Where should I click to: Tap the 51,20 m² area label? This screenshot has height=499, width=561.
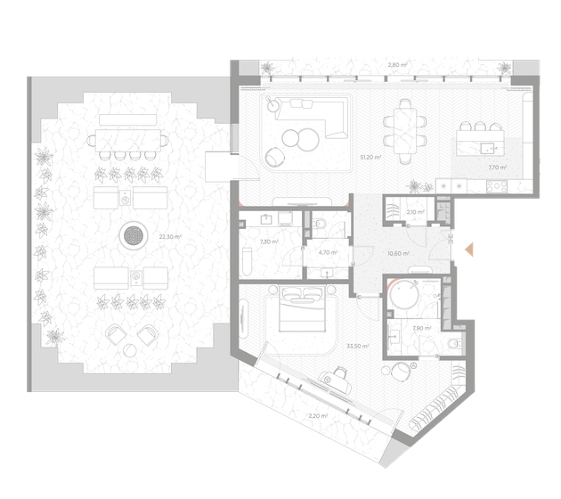370,157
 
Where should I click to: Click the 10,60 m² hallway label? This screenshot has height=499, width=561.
399,253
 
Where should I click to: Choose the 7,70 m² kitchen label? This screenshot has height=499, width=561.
497,167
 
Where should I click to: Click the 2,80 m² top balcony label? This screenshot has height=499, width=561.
398,65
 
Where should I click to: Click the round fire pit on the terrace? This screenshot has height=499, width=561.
133,236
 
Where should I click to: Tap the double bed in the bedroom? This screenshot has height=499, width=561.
301,312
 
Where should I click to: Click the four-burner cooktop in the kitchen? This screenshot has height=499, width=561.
497,186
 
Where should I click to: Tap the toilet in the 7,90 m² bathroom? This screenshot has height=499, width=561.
453,345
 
